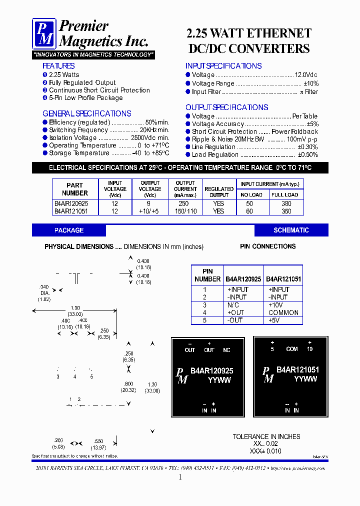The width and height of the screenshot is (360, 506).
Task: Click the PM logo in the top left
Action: pos(44,33)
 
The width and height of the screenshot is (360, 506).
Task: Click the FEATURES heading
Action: pos(58,66)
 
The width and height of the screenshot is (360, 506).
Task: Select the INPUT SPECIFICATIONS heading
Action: pos(223,66)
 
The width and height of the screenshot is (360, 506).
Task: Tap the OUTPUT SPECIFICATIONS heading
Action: pos(226,107)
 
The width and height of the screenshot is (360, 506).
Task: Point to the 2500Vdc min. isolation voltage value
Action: pos(150,137)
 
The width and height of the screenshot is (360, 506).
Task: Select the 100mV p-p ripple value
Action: pos(302,139)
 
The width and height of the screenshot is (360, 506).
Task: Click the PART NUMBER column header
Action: pos(74,189)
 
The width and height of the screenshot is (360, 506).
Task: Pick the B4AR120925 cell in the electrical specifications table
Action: pos(71,203)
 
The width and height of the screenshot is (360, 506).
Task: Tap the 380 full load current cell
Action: pos(286,203)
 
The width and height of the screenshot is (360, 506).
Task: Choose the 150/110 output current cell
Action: pos(185,211)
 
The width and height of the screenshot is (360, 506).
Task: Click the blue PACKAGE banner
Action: pos(69,230)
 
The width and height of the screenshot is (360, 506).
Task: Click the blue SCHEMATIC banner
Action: pos(291,230)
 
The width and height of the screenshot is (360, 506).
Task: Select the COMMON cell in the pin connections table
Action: pos(283,312)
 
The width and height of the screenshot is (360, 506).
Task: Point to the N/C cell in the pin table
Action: pos(233,305)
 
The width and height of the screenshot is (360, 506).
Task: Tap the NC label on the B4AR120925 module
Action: pos(226,350)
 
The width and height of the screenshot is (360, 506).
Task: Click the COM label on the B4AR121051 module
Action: pos(292,349)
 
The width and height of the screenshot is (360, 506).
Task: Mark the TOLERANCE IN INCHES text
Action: pos(266,436)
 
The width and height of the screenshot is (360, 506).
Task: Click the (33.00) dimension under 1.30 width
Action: pos(75,314)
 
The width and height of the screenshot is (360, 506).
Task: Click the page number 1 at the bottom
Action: pos(180,477)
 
